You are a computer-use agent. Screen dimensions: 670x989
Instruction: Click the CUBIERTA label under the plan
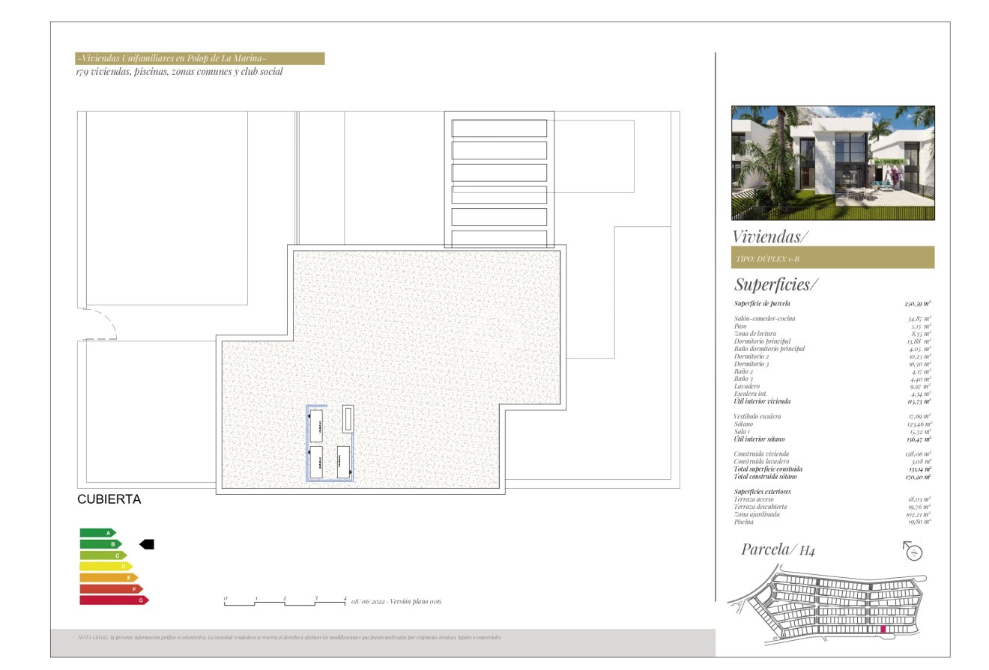[x=109, y=499]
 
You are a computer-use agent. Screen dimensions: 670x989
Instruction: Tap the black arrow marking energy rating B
[x=147, y=544]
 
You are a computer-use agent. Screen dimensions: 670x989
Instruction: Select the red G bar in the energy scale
[x=114, y=600]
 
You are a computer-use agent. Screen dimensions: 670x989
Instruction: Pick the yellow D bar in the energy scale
[x=106, y=567]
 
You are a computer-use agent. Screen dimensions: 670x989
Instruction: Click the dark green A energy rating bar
[x=97, y=533]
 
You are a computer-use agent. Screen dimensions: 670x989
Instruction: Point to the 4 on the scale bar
[x=345, y=598]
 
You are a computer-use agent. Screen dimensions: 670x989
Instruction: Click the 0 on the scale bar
[x=225, y=598]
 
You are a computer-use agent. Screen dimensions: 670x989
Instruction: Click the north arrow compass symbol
[x=913, y=552]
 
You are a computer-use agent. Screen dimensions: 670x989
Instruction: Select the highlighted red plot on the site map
[x=883, y=630]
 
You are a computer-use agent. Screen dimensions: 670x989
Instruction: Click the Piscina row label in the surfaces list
[x=745, y=522]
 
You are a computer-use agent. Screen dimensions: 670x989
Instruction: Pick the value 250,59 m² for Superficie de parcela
[x=917, y=304]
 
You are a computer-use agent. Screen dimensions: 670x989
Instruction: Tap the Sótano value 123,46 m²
[x=919, y=424]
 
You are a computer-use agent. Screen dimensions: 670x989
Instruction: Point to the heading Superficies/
[x=775, y=284]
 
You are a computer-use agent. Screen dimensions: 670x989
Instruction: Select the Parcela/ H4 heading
[x=778, y=549]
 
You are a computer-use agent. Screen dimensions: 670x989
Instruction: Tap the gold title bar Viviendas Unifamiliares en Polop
[x=200, y=58]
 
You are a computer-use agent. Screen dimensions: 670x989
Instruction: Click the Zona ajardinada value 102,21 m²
[x=919, y=514]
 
